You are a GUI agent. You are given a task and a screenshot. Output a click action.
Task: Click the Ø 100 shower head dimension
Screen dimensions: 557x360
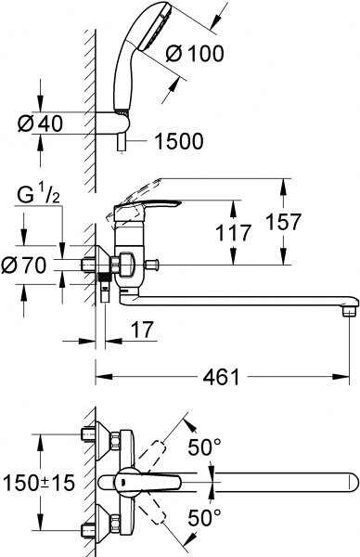pos(194,54)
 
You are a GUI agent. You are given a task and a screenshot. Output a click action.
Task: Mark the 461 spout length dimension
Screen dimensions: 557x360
pos(221,377)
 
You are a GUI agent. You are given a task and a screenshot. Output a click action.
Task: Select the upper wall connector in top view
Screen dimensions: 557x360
pos(98,436)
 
